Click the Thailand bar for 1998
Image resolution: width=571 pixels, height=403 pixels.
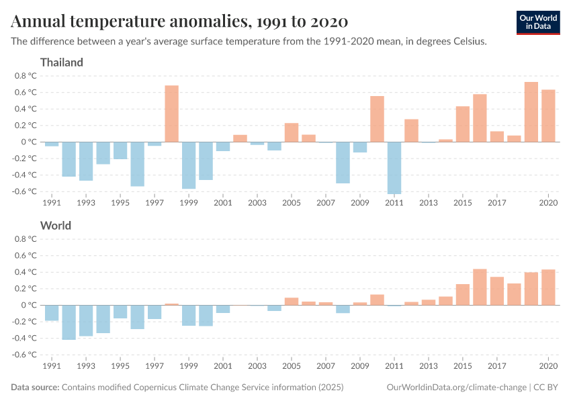tap(172, 114)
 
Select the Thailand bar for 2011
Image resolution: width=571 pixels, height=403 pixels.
tap(394, 168)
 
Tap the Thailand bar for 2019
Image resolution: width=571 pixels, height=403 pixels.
tap(531, 112)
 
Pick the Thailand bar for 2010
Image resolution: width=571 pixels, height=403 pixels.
tap(377, 119)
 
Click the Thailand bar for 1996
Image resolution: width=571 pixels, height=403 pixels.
tap(138, 164)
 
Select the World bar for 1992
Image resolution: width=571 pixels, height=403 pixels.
tap(69, 322)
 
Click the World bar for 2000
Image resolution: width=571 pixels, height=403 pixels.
tap(206, 316)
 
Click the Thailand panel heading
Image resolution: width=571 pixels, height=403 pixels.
tap(62, 62)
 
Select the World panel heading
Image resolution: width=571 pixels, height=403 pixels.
tap(56, 226)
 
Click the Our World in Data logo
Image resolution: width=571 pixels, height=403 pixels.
tap(538, 22)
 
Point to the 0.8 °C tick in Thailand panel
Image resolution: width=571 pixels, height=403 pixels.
tap(24, 76)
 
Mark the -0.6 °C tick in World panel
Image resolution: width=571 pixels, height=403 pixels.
tap(24, 355)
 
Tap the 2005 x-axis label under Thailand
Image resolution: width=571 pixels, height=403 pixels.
tap(292, 202)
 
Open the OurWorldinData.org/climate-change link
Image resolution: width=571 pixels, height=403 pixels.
tap(457, 388)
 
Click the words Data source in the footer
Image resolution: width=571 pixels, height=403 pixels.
tap(35, 388)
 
